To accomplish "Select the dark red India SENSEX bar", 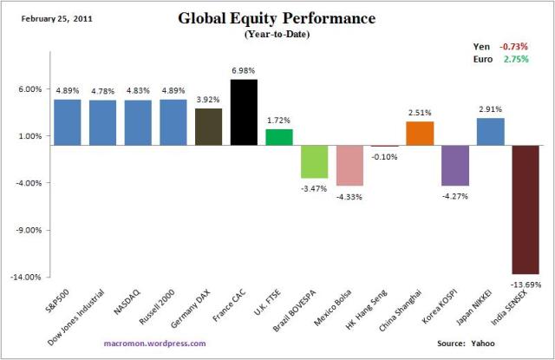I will tap(526, 209).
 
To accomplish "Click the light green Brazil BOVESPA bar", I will tap(314, 161).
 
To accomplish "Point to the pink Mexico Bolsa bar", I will tap(349, 165).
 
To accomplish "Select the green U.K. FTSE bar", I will tap(278, 137).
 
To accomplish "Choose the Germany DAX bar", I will tap(208, 127).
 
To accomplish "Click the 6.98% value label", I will tap(244, 70).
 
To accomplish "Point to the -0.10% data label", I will tap(385, 156).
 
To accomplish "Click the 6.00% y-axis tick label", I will tap(30, 88).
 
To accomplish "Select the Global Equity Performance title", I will tap(277, 18).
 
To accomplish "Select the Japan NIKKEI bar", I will tap(491, 131).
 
